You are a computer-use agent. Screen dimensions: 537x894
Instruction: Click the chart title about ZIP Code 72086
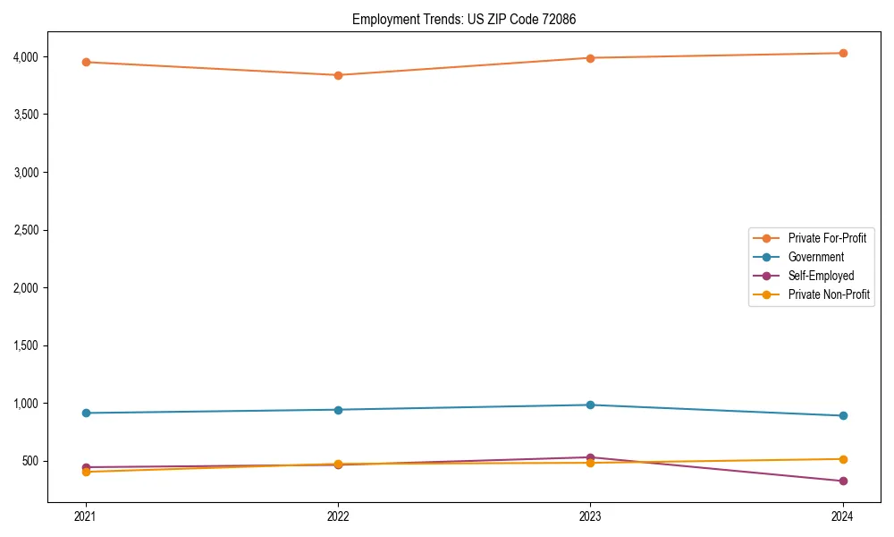[470, 19]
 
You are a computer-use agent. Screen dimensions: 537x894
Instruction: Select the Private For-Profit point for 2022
[338, 75]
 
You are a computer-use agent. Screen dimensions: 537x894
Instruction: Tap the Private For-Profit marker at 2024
[843, 53]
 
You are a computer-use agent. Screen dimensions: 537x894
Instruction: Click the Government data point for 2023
[590, 405]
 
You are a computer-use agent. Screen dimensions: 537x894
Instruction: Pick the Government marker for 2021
[86, 413]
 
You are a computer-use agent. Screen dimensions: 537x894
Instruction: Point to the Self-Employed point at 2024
[843, 481]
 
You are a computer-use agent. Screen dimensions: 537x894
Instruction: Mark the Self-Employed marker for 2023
[590, 457]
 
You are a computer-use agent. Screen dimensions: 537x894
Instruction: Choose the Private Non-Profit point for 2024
[843, 459]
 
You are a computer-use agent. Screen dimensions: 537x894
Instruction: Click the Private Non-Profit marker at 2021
[86, 472]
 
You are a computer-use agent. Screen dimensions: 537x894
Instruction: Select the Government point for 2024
[843, 415]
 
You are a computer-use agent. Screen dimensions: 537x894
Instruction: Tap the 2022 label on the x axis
[338, 516]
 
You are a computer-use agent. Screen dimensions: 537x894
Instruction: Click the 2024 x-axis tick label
[843, 516]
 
